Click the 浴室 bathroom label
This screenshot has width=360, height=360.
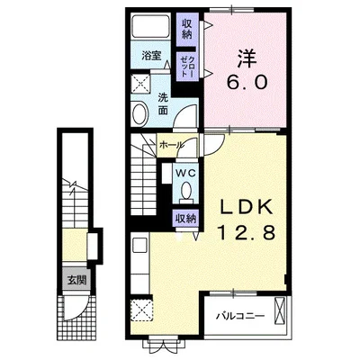pos(151,56)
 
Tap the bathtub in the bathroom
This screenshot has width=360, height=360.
pos(151,26)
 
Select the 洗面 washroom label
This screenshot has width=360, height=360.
pos(163,103)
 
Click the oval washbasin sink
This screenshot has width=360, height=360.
pos(140,113)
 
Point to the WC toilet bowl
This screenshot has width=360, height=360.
pos(186,191)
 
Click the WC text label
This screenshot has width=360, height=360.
pos(186,173)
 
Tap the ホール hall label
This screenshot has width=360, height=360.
pos(171,145)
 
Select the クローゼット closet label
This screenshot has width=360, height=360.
pos(187,67)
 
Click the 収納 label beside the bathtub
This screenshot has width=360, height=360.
pos(186,29)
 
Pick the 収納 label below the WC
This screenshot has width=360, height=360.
pos(185,218)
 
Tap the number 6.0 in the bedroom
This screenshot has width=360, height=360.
pos(247,82)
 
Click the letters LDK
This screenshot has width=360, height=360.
pos(247,207)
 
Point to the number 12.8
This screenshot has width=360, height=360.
pos(246,232)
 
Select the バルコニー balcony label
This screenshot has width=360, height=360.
pos(241,316)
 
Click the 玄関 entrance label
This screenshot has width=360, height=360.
pos(76,280)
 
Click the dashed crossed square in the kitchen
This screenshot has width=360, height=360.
pos(142,310)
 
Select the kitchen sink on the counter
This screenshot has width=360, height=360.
pos(139,246)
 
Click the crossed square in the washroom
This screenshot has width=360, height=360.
pos(141,84)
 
